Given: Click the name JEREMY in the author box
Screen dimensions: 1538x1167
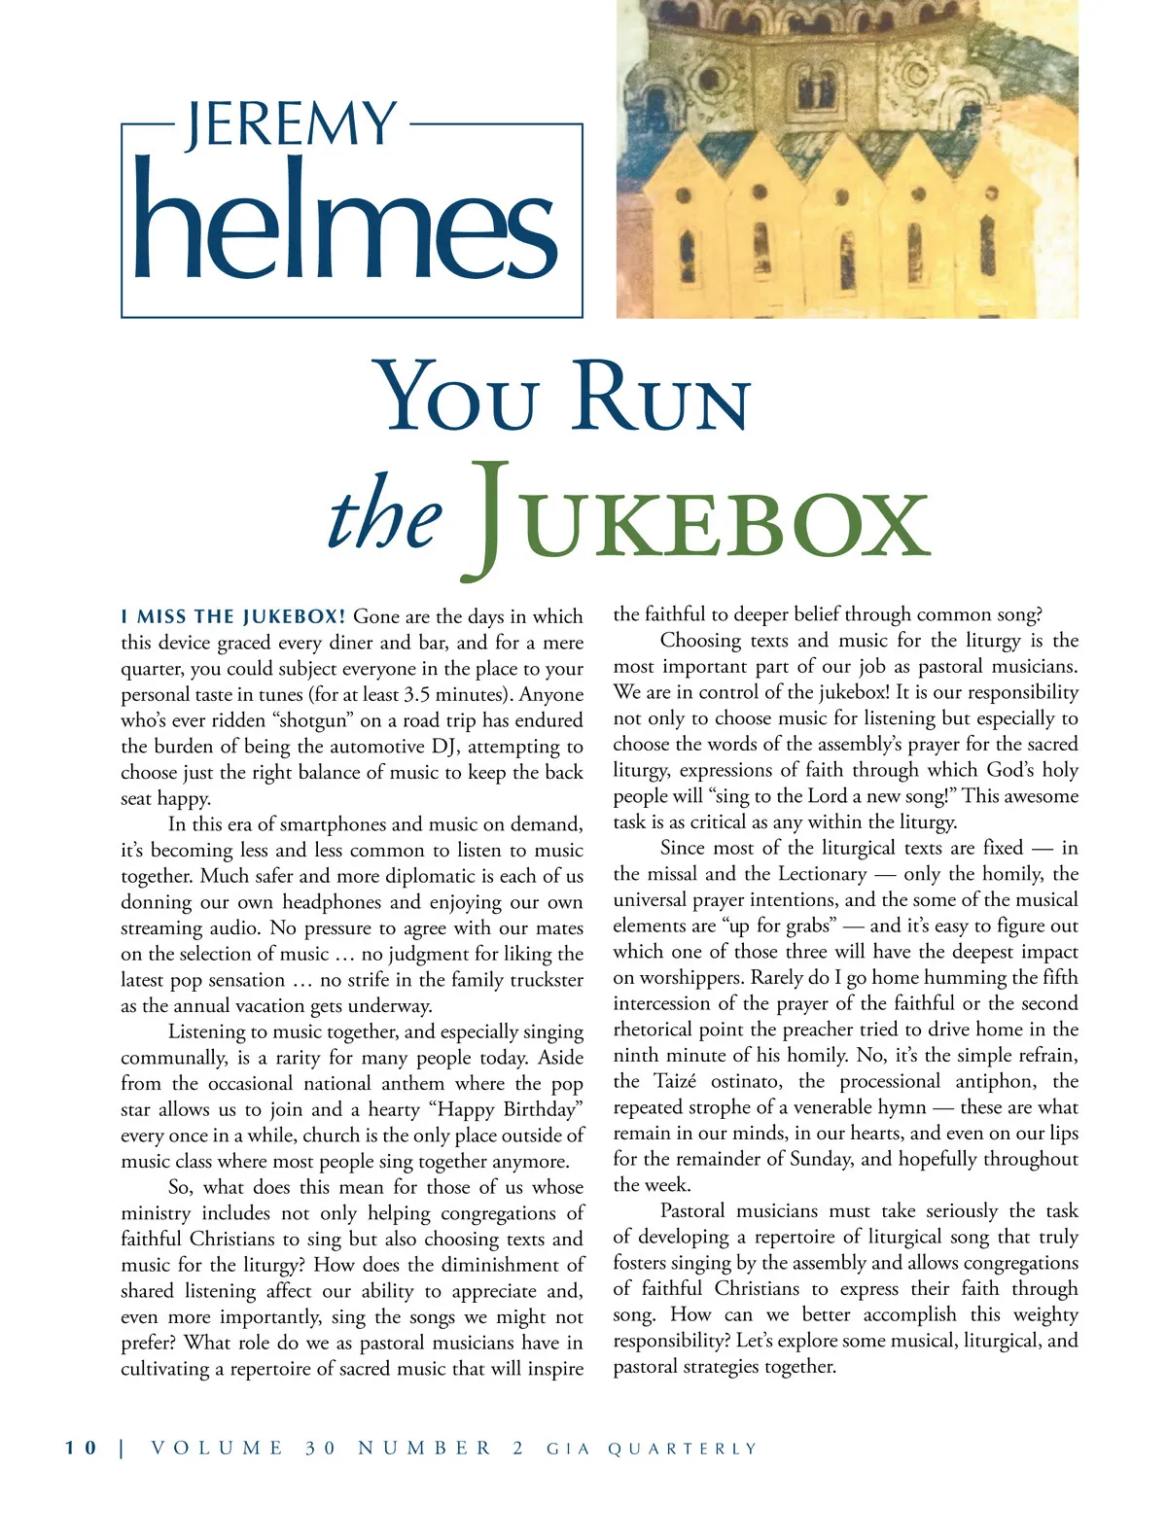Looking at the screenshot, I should coord(291,124).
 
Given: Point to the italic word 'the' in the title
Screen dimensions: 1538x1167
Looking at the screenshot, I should coord(385,516).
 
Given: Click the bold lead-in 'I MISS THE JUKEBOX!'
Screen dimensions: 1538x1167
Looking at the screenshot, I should coord(233,616).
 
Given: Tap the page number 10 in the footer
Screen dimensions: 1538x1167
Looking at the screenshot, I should coord(82,1448).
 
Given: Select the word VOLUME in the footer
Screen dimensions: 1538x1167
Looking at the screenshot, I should coord(218,1448).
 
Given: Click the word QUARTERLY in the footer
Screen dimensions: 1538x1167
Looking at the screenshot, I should coord(682,1449).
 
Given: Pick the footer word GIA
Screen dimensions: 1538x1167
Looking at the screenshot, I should coord(566,1449).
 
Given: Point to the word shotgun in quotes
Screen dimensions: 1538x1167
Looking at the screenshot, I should coord(315,720).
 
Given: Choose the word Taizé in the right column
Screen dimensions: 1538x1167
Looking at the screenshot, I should coord(676,1081).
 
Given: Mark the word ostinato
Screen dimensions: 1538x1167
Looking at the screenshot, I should coord(748,1081).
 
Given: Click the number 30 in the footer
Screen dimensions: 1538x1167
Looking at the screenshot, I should coord(321,1448).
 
